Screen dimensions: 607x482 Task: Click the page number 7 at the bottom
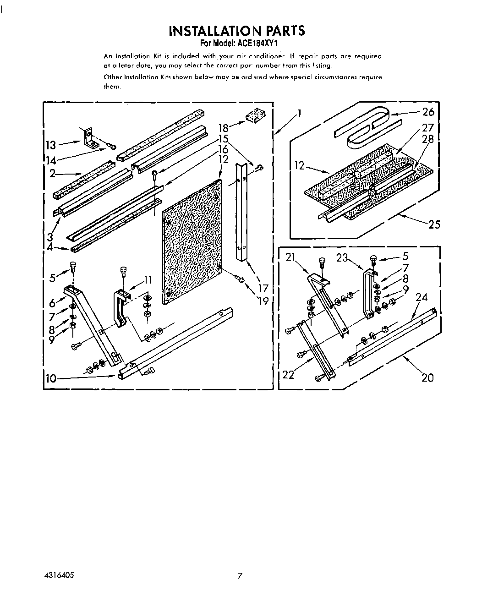(239, 576)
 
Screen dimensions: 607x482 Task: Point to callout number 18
(223, 129)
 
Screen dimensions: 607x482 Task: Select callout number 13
(50, 145)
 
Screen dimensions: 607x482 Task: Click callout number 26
(428, 112)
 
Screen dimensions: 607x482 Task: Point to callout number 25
(433, 224)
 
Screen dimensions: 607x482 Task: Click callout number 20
(427, 377)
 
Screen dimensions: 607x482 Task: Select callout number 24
(421, 297)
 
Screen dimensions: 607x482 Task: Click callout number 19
(263, 301)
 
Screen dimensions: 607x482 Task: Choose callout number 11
(147, 280)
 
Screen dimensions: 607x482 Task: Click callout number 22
(288, 375)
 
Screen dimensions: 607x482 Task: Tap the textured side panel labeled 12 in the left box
(192, 238)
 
